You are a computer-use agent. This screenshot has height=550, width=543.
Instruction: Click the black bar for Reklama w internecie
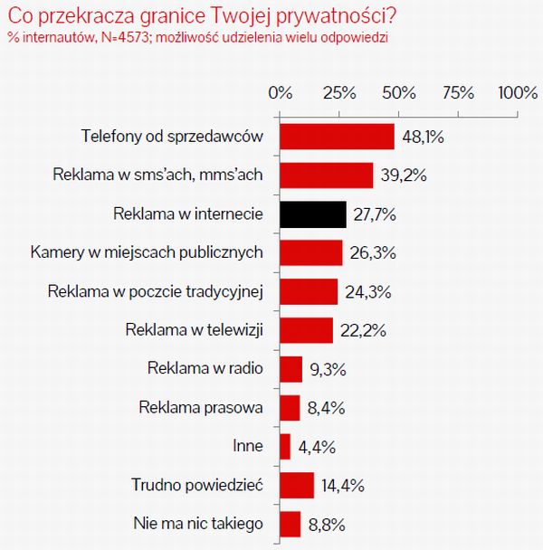pos(313,214)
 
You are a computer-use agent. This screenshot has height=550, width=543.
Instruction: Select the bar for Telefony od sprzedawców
pos(337,137)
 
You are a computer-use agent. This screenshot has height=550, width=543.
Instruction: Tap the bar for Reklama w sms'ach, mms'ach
pos(327,175)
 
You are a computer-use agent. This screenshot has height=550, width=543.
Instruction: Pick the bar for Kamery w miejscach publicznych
pos(311,252)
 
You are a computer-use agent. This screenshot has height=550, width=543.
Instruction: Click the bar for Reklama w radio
pos(291,369)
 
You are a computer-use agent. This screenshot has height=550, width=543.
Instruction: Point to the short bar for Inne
pos(286,447)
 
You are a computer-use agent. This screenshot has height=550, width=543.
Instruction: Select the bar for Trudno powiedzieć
pos(297,486)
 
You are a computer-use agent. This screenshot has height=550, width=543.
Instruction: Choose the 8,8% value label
pos(326,525)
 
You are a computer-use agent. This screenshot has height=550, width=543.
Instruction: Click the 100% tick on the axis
pos(517,93)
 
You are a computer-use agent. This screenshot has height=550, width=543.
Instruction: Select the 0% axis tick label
pos(281,93)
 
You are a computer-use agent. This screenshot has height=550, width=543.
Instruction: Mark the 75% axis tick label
pos(458,93)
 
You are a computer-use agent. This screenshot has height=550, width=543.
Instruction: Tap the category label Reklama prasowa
pos(201,408)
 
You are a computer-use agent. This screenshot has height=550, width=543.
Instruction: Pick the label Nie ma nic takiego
pos(197,524)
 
